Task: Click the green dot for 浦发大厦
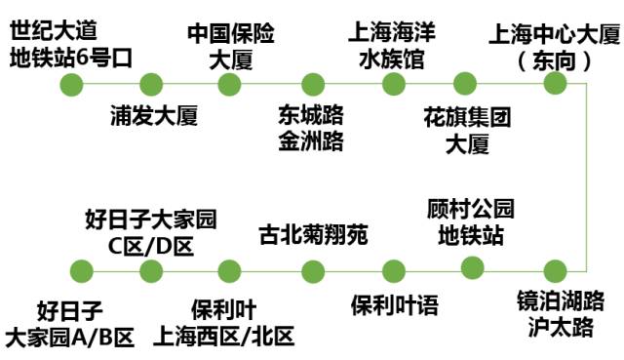[x=151, y=84]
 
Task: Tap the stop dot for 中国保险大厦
[x=229, y=84]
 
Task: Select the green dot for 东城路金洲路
[x=313, y=84]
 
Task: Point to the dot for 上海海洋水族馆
[x=393, y=84]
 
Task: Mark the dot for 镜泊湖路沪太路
[x=555, y=271]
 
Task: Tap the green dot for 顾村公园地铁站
[x=473, y=266]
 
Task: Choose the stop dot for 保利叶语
[x=395, y=271]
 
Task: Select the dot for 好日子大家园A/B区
[x=71, y=271]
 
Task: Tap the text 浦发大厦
[x=153, y=118]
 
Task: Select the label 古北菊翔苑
[x=313, y=235]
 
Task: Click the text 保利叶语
[x=395, y=305]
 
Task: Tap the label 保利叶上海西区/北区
[x=224, y=325]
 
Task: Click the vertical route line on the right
[x=588, y=176]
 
